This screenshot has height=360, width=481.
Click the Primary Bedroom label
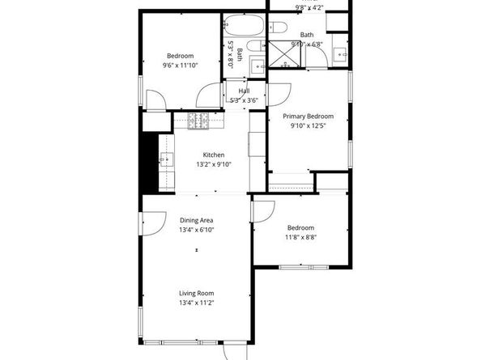[308, 116]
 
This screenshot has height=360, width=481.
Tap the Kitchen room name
[214, 155]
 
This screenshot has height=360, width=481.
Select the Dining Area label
[196, 220]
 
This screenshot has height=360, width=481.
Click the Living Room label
[196, 293]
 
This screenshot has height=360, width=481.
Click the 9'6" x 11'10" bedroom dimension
[180, 65]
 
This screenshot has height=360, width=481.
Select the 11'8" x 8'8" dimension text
[300, 237]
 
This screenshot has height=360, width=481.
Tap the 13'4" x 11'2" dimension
[196, 303]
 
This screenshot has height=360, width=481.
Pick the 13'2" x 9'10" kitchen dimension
[214, 164]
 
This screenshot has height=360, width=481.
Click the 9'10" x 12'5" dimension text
[308, 125]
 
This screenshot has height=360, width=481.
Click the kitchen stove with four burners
[198, 121]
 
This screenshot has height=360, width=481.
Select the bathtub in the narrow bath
[244, 23]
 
